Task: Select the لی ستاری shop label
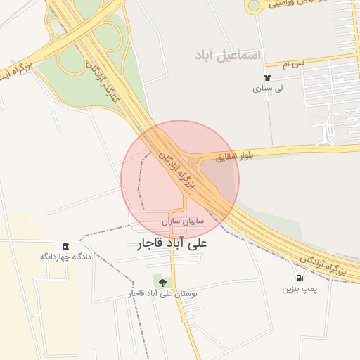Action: tap(266, 89)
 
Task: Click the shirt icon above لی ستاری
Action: tap(266, 77)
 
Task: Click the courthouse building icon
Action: tap(65, 245)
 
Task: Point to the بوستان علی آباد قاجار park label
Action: tap(164, 293)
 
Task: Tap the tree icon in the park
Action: tap(163, 282)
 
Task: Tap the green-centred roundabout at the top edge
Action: tap(254, 6)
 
